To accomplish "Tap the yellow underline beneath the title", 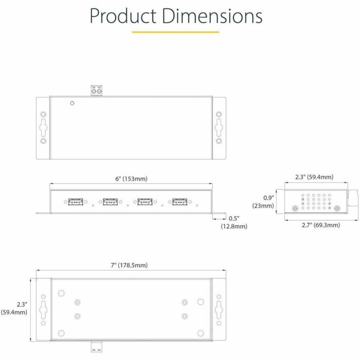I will (175, 32).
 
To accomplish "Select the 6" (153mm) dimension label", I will (131, 179).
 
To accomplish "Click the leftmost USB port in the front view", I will (75, 202).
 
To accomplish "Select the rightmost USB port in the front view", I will (179, 202).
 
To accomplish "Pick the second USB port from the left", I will (110, 202).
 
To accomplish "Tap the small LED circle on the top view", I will (73, 103).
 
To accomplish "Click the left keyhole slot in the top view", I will (43, 127).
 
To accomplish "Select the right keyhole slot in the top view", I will (219, 127).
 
